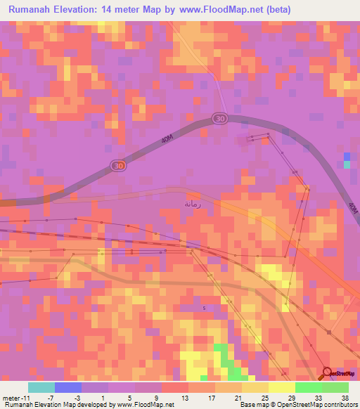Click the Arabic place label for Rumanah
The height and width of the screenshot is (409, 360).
(x=193, y=204)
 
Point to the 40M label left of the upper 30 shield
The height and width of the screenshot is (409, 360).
(x=167, y=139)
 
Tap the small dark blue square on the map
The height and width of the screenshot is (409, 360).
(x=347, y=156)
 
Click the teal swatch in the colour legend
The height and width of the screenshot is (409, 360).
(x=41, y=387)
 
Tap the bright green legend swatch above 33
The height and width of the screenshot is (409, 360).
(x=308, y=387)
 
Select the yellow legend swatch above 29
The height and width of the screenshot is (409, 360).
(x=281, y=387)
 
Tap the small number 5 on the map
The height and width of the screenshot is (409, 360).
(x=205, y=308)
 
